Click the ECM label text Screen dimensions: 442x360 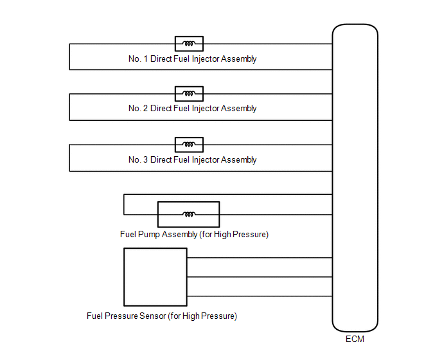point(355,339)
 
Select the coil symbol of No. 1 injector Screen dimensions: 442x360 point(189,44)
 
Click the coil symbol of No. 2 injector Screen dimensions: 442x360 point(189,94)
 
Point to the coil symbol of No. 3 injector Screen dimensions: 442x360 point(189,145)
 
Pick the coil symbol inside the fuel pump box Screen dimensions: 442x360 point(189,215)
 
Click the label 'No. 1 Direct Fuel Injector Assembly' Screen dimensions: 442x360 point(193,59)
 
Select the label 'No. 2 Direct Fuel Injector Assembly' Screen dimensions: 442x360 point(193,109)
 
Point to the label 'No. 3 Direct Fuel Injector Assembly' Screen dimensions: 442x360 point(193,160)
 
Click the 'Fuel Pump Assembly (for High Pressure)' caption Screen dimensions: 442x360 point(194,235)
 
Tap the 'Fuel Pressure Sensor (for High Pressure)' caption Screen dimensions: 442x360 point(162,316)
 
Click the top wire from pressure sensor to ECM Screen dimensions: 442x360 point(260,258)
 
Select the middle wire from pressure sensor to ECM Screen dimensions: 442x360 point(260,277)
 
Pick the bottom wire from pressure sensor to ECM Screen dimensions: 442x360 point(260,296)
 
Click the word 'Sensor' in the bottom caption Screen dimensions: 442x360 point(153,316)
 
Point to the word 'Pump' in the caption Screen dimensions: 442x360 point(149,235)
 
